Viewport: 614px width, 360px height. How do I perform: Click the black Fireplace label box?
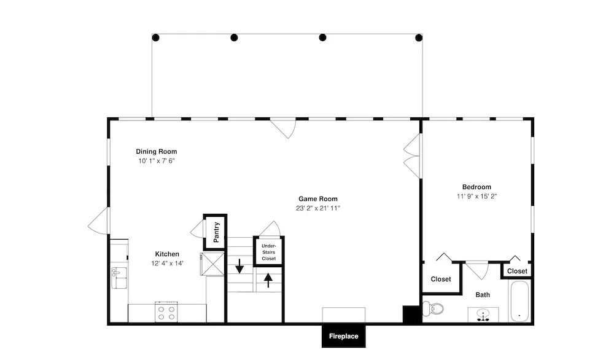tap(343, 336)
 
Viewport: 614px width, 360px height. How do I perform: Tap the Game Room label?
tap(318, 199)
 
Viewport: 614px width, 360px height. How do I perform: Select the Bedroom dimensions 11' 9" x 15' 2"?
tap(476, 196)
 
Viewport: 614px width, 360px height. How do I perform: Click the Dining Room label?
tap(156, 152)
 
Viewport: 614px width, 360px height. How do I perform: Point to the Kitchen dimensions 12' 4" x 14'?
tap(167, 264)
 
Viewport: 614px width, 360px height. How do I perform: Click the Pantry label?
tap(216, 232)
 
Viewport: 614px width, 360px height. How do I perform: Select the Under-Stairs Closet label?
tap(269, 252)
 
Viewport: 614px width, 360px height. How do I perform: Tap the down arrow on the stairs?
tap(239, 266)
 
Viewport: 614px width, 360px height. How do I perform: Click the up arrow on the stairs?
tap(268, 280)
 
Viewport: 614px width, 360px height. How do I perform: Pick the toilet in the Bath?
tap(433, 309)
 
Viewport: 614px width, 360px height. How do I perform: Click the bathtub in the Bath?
tap(519, 301)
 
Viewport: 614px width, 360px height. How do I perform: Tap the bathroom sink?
tap(483, 315)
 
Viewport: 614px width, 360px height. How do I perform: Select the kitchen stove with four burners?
tap(166, 312)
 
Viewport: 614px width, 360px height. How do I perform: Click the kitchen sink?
tap(119, 278)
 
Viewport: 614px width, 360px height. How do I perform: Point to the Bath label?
tap(483, 295)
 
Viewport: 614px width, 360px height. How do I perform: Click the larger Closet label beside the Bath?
tap(441, 280)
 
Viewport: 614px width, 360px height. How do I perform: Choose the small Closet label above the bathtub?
tap(517, 271)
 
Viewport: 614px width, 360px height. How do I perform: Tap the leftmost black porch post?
tap(155, 37)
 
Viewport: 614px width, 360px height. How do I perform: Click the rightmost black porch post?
tap(419, 37)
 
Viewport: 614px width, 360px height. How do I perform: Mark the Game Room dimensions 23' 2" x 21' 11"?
tap(318, 208)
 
